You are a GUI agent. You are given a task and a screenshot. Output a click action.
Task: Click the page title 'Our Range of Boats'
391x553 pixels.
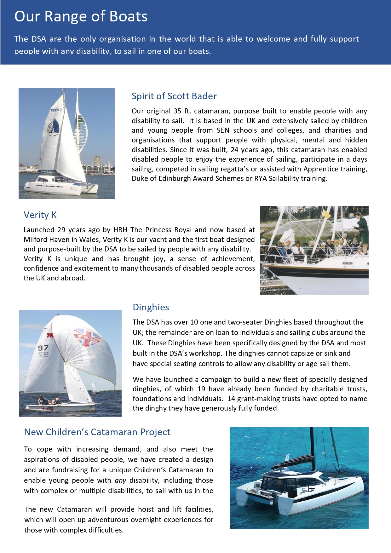81,16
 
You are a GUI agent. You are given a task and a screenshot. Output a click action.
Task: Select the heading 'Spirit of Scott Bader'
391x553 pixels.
174,96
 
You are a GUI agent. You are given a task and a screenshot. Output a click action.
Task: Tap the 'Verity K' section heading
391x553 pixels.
40,215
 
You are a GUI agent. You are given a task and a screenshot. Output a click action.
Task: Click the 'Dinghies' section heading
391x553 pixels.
151,307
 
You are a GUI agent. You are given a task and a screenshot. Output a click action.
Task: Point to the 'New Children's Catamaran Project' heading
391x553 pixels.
97,432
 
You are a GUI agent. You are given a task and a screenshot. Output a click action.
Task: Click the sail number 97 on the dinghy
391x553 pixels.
43,348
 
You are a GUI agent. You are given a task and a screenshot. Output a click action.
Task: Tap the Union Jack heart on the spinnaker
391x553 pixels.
87,337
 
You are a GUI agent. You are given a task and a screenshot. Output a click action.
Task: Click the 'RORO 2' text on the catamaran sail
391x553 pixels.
56,110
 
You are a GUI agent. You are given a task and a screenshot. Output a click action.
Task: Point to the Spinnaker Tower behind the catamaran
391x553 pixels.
80,126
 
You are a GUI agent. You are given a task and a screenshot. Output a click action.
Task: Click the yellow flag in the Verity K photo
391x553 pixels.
326,215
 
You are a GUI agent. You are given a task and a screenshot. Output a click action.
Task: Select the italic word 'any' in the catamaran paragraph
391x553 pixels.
120,480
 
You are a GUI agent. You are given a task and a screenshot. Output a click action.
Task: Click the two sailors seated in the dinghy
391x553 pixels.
49,401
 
